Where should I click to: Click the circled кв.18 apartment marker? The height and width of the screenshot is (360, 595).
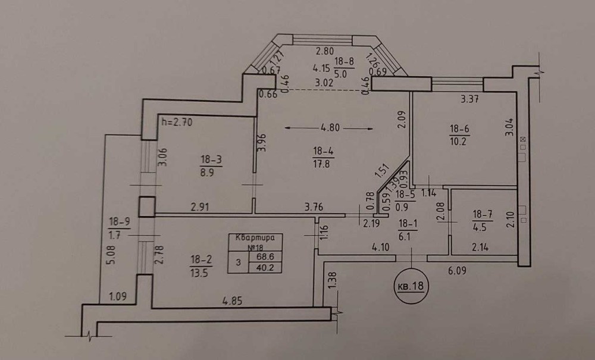pos(411,286)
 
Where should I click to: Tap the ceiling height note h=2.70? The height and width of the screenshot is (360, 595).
pos(177,122)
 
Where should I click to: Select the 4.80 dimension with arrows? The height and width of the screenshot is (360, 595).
pos(329,128)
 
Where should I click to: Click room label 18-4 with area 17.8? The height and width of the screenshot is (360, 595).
pos(323,158)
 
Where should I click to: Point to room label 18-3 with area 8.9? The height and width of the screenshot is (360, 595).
pos(211,167)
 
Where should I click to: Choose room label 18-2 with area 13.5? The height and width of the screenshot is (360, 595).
pos(201,266)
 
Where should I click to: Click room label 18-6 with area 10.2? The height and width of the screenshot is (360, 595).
pos(459,135)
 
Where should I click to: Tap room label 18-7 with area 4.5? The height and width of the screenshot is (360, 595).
pos(483,221)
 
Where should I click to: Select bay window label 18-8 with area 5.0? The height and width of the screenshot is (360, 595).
pos(344,67)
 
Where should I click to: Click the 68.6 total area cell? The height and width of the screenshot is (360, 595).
pos(265,256)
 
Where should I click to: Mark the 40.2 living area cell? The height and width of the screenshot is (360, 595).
pos(265,268)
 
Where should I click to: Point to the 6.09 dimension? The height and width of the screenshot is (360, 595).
pos(457,271)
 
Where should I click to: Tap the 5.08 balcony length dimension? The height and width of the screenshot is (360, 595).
pos(111,255)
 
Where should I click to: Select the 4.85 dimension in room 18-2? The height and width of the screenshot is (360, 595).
pos(232,301)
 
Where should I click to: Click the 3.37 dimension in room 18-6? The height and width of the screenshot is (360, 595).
pos(469,99)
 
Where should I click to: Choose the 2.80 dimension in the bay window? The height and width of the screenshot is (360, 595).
pos(325,51)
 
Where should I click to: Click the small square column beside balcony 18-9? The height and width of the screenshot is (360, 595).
pos(146,206)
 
